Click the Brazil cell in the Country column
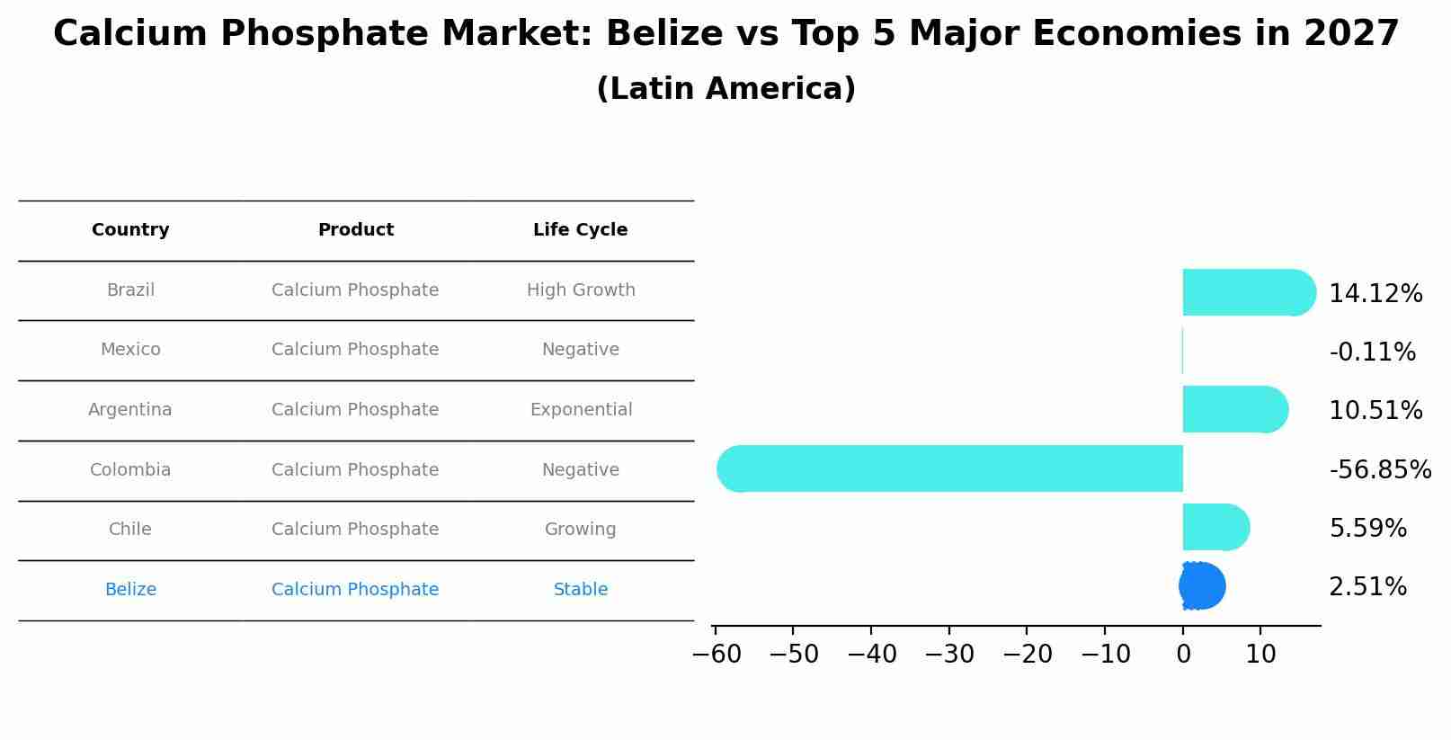tap(130, 290)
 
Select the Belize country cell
tap(130, 590)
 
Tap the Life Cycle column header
tap(580, 230)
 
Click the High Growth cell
tap(581, 290)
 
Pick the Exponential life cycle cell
tap(581, 410)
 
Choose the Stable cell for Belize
tap(581, 590)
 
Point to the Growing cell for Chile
tap(581, 530)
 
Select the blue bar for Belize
tap(1202, 586)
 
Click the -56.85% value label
tap(1380, 469)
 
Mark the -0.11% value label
tap(1372, 352)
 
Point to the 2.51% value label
tap(1367, 587)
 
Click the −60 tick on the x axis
tap(717, 655)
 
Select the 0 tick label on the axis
tap(1183, 655)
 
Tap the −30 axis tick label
tap(949, 655)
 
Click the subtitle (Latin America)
tap(725, 89)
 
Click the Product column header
tap(356, 230)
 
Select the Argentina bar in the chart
tap(1234, 409)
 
